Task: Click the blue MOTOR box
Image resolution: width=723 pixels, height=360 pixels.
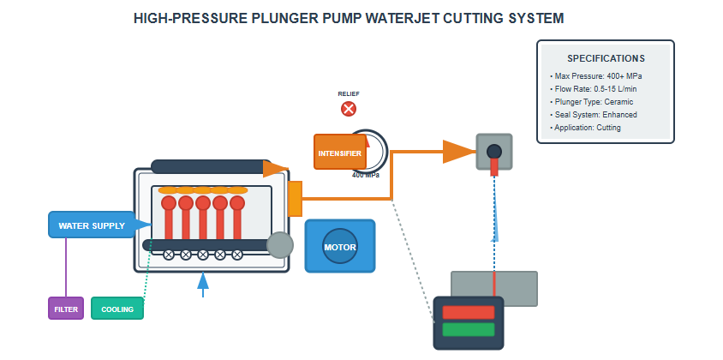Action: [x=340, y=247]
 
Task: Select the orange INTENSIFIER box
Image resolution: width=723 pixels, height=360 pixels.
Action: [x=339, y=153]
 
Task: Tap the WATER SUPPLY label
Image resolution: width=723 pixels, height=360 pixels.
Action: [x=92, y=225]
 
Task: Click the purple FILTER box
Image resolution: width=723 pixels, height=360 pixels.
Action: [x=66, y=309]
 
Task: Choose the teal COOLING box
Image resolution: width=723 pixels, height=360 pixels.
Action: [x=117, y=309]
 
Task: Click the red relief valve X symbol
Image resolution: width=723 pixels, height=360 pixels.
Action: [x=349, y=109]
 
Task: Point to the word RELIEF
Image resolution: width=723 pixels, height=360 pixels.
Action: [x=349, y=93]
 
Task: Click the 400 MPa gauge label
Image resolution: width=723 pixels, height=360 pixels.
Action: [x=366, y=175]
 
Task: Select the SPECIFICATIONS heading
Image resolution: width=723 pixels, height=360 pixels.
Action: [x=606, y=59]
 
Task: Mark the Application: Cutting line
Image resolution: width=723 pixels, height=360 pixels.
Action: [x=586, y=128]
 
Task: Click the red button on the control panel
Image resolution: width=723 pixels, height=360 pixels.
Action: [x=469, y=312]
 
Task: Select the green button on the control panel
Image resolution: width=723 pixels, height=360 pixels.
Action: [x=469, y=329]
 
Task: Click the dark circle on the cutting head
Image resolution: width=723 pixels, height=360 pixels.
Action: [x=494, y=152]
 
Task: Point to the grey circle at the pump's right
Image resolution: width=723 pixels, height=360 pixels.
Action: [x=280, y=246]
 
